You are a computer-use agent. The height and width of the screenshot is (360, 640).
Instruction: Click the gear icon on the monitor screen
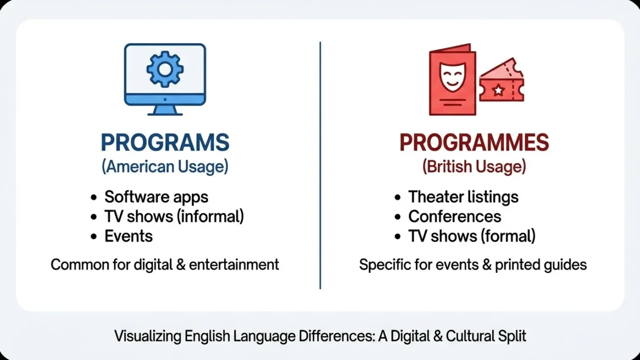pyautogui.click(x=165, y=69)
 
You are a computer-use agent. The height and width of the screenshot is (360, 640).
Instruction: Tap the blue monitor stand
pyautogui.click(x=165, y=109)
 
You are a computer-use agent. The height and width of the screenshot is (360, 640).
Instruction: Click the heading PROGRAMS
pyautogui.click(x=165, y=143)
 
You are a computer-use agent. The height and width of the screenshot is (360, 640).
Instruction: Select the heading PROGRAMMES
pyautogui.click(x=474, y=143)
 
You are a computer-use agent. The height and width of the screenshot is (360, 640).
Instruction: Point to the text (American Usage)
pyautogui.click(x=165, y=167)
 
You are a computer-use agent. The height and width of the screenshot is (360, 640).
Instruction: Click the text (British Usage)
pyautogui.click(x=474, y=167)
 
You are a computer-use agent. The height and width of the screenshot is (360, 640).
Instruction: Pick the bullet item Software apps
pyautogui.click(x=156, y=197)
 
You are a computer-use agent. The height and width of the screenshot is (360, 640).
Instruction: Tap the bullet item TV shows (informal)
pyautogui.click(x=174, y=216)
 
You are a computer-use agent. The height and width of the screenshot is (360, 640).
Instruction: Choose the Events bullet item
pyautogui.click(x=129, y=236)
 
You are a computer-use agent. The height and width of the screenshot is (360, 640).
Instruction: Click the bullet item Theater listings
pyautogui.click(x=463, y=197)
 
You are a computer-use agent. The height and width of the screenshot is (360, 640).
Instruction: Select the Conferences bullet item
pyautogui.click(x=454, y=216)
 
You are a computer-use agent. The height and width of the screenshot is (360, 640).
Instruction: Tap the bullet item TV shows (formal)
pyautogui.click(x=472, y=236)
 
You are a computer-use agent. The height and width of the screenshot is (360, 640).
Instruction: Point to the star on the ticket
pyautogui.click(x=498, y=90)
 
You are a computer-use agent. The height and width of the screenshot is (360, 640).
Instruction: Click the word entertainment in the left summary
pyautogui.click(x=234, y=265)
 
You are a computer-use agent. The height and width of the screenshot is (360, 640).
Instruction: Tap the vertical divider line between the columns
pyautogui.click(x=320, y=164)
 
